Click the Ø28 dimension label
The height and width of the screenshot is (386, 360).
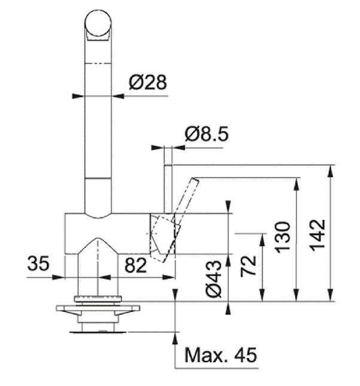[x=148, y=82]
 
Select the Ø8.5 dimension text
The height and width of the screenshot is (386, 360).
[x=207, y=134]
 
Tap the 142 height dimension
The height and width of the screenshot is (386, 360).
[x=318, y=235]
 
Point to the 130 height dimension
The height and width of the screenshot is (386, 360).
[x=283, y=237]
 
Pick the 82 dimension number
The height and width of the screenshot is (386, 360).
[x=136, y=265]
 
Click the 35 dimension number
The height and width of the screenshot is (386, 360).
[x=38, y=263]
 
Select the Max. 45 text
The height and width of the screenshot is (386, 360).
[x=221, y=355]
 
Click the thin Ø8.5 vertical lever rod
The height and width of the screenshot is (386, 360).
[x=168, y=189]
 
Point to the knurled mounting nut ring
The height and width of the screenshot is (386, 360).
[x=98, y=299]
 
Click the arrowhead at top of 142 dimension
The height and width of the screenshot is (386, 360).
[x=331, y=171]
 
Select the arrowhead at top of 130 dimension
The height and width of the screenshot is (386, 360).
[x=297, y=184]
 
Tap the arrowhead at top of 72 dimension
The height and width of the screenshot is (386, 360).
[x=263, y=239]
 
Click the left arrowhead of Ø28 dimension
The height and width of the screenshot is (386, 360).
[x=78, y=96]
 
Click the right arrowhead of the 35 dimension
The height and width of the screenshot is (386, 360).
[x=59, y=277]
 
